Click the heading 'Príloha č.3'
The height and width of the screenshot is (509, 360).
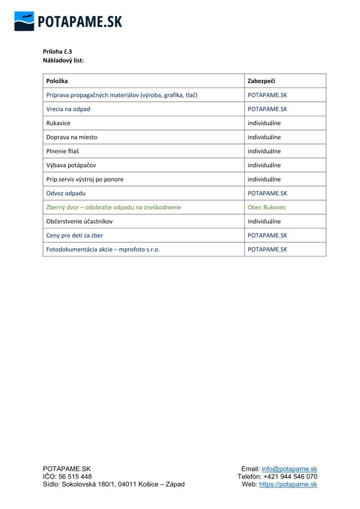(x=58, y=51)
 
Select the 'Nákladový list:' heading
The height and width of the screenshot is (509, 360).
(x=63, y=60)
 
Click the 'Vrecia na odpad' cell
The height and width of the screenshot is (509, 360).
(x=69, y=109)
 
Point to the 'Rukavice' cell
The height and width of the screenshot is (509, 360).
(x=59, y=123)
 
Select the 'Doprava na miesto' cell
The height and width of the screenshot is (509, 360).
(x=72, y=137)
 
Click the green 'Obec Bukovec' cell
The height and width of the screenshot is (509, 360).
(x=267, y=207)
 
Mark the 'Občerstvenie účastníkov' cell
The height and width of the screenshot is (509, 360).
(x=80, y=221)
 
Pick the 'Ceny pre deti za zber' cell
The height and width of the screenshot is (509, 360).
(x=75, y=235)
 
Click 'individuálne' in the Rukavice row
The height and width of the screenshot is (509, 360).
(x=264, y=123)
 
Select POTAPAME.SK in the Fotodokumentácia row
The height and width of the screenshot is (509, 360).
(x=268, y=250)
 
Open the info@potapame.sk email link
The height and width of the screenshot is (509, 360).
(x=289, y=469)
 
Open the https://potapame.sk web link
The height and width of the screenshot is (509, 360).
(x=288, y=484)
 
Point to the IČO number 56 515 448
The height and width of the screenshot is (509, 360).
(x=75, y=477)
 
